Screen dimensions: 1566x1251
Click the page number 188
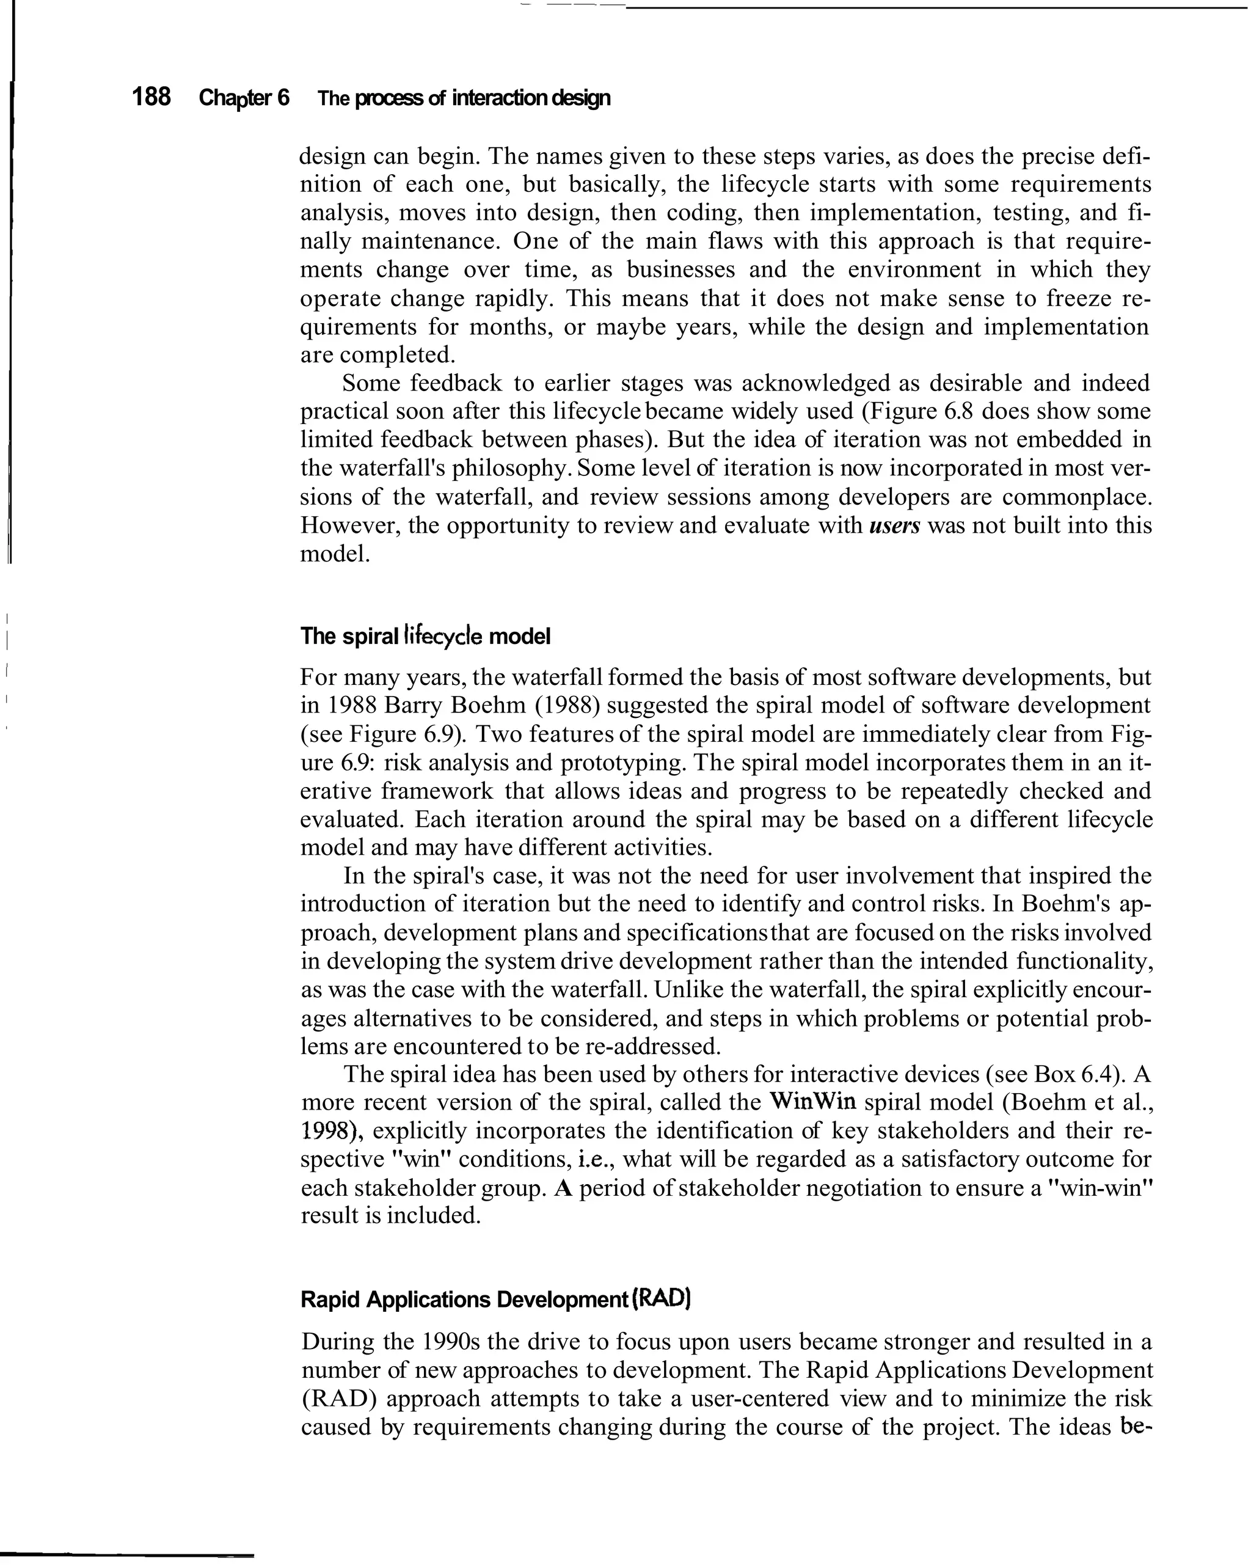tap(151, 97)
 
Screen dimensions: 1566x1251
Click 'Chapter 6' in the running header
tap(244, 98)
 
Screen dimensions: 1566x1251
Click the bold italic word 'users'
tap(894, 525)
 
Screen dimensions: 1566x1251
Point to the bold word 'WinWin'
tap(812, 1102)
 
